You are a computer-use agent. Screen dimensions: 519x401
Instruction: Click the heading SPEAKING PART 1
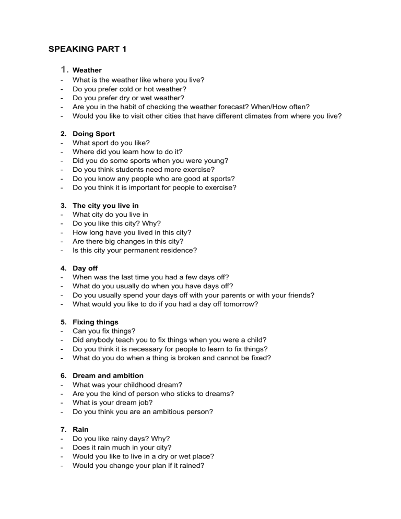87,50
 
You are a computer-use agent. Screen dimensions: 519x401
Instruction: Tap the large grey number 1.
64,69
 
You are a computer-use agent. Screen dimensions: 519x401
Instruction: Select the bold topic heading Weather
87,70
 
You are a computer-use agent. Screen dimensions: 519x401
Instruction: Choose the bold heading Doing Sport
94,134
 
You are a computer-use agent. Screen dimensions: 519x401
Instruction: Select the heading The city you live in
105,206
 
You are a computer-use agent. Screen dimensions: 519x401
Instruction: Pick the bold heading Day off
85,268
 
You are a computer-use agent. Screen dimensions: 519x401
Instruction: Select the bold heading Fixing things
96,322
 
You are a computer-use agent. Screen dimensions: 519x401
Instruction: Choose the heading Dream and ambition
108,375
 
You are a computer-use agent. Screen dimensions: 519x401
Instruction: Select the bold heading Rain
81,429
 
